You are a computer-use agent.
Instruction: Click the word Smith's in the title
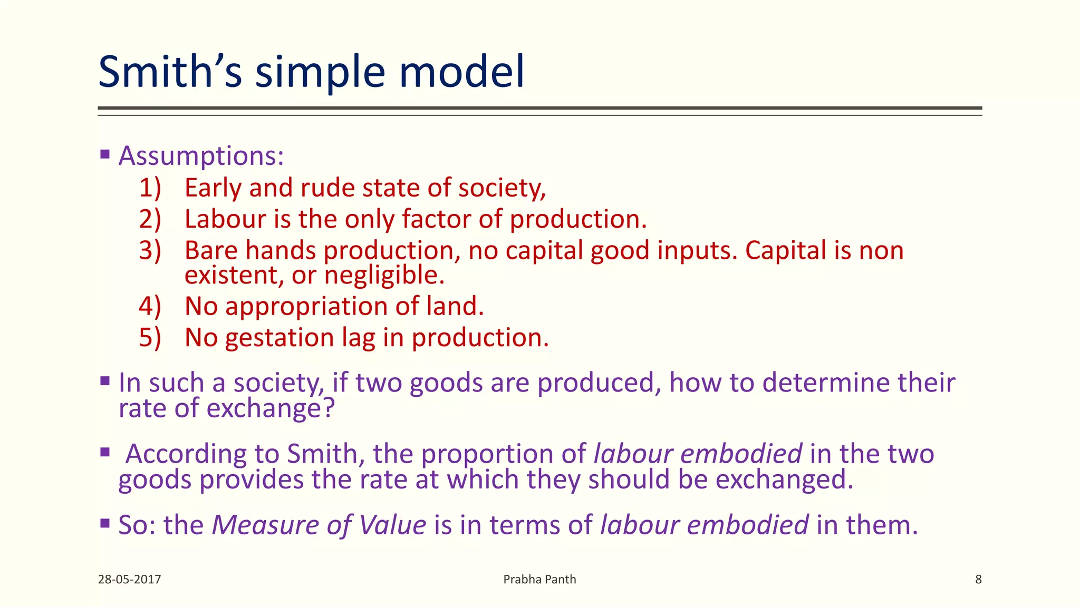pos(170,72)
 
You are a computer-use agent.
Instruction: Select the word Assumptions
pos(201,156)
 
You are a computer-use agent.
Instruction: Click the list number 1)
pos(150,188)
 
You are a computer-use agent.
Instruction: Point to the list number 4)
pos(150,306)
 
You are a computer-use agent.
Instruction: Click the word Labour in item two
pos(225,219)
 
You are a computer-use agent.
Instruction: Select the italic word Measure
pos(264,525)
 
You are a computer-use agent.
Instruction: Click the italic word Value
pos(392,525)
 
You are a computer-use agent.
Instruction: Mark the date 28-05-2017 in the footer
pos(129,580)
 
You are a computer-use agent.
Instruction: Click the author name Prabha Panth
pos(539,580)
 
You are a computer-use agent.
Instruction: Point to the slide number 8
pos(978,580)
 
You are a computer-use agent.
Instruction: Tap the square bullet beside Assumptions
pos(104,154)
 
